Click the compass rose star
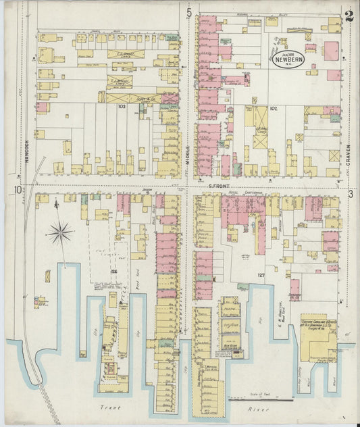[60, 234]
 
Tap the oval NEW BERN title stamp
[289, 59]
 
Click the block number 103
[122, 106]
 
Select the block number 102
[274, 107]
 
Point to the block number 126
[114, 272]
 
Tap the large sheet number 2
[349, 16]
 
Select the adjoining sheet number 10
[16, 190]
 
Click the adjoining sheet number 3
[351, 194]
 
